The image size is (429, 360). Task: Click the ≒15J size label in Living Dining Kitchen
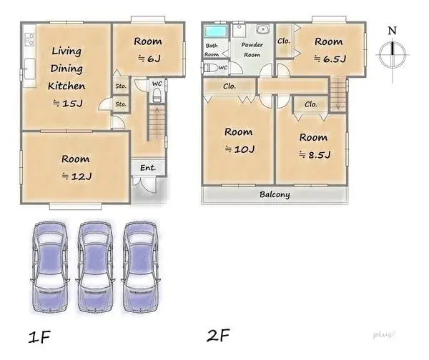[67, 104]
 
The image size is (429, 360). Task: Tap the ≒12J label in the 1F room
[75, 175]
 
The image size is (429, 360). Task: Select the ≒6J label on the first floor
[147, 59]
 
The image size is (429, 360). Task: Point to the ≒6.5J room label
[330, 59]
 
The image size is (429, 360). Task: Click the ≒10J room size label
[238, 149]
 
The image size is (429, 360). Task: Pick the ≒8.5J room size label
[312, 154]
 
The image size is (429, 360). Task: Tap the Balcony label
[275, 194]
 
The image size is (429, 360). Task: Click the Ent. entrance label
[148, 168]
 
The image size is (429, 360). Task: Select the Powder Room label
[252, 49]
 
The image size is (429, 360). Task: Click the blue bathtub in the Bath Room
[214, 32]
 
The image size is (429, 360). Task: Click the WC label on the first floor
[157, 84]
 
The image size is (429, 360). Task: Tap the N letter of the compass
[391, 30]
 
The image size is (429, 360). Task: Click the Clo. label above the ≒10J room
[230, 86]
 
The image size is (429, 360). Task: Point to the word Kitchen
[66, 86]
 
